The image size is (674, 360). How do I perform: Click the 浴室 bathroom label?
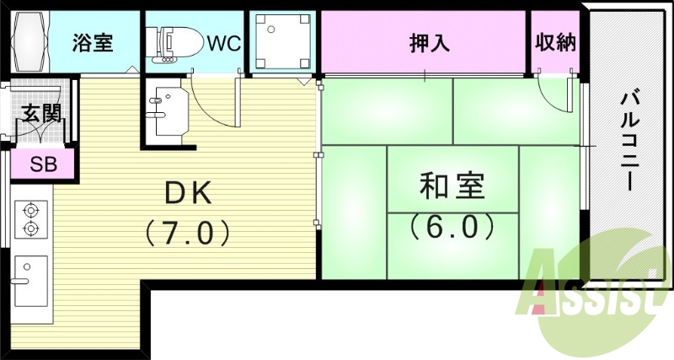coord(93,43)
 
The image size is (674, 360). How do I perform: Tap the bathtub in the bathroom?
coord(29,42)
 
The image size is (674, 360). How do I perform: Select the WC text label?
coord(224,43)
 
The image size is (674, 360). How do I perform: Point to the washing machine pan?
coord(282,41)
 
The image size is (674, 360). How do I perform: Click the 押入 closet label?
coord(429,43)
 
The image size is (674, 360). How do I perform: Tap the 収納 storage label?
coord(555,42)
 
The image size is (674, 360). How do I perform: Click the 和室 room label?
coord(452,185)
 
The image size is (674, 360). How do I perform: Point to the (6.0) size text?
coord(452,227)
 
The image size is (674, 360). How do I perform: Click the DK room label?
coord(188,193)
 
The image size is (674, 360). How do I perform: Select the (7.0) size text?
coord(187,233)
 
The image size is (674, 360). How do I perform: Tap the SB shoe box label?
coord(44,164)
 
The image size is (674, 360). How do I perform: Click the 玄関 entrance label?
coord(40,113)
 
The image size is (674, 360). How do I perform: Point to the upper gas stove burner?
coord(31,211)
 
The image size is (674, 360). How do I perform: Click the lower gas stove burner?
coord(31,228)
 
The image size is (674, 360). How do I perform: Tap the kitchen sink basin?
coord(31,282)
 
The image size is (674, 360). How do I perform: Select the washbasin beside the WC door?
coord(169,111)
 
